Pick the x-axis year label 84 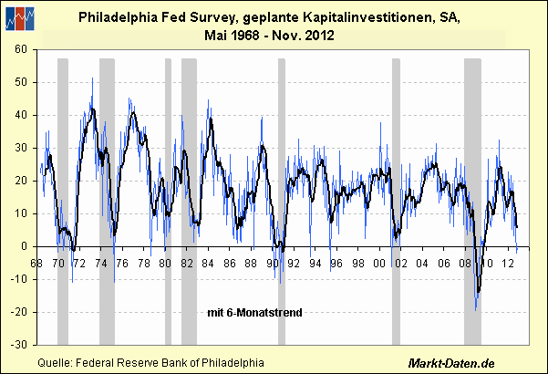click(209, 264)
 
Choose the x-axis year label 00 click(380, 264)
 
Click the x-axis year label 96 click(337, 264)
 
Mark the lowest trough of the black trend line click(477, 293)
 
